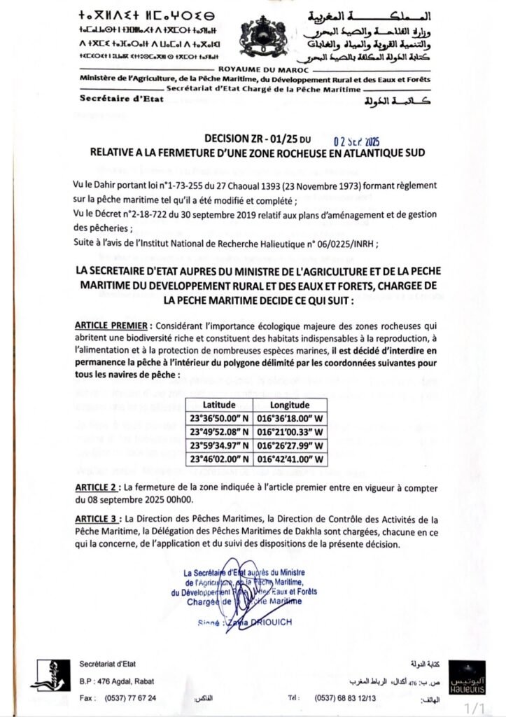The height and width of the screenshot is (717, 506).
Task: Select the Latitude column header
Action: click(x=220, y=405)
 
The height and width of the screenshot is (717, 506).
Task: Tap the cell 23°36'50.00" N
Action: click(x=220, y=419)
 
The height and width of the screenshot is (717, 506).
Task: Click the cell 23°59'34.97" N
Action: click(x=220, y=445)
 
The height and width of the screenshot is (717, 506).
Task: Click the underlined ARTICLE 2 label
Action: click(x=96, y=487)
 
